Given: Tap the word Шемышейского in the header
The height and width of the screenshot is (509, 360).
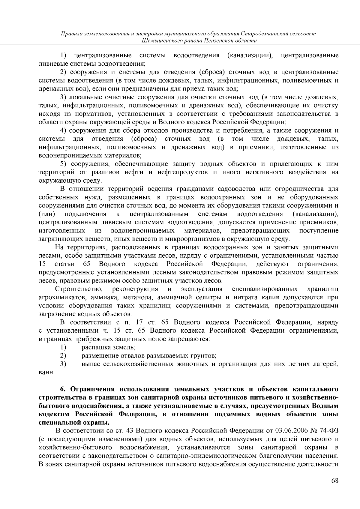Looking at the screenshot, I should [x=160, y=40].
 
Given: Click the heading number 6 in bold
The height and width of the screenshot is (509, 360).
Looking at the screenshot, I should [x=63, y=389].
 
